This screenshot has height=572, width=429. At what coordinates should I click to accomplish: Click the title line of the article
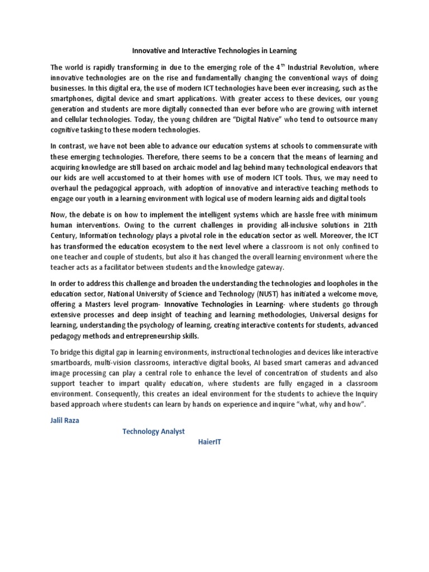point(214,51)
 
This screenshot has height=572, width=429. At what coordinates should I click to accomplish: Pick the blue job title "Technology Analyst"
point(153,431)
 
